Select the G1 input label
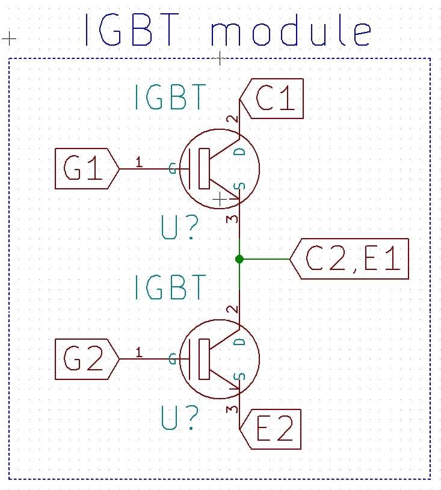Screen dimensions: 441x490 tap(87, 169)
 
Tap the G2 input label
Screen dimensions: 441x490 tap(87, 359)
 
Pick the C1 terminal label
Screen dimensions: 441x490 tap(271, 99)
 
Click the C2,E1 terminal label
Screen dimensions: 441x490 tap(350, 259)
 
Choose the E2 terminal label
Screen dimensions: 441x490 tap(270, 429)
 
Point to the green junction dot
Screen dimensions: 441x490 tap(239, 259)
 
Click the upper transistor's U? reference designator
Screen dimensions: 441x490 tap(180, 227)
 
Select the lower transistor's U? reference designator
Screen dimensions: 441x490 tap(180, 417)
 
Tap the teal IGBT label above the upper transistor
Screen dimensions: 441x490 tap(170, 97)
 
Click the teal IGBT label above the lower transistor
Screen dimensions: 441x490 tap(170, 287)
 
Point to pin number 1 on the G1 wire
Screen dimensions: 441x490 tap(139, 162)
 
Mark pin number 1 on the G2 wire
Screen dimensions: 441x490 tap(139, 352)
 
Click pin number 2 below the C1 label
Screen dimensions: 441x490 tap(232, 119)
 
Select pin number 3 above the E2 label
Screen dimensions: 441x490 tap(232, 409)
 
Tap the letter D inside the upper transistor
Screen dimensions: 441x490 tap(240, 152)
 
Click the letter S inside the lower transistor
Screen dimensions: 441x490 tap(240, 376)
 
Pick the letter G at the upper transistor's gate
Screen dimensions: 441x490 tap(172, 168)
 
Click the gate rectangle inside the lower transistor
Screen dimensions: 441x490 tap(204, 359)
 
